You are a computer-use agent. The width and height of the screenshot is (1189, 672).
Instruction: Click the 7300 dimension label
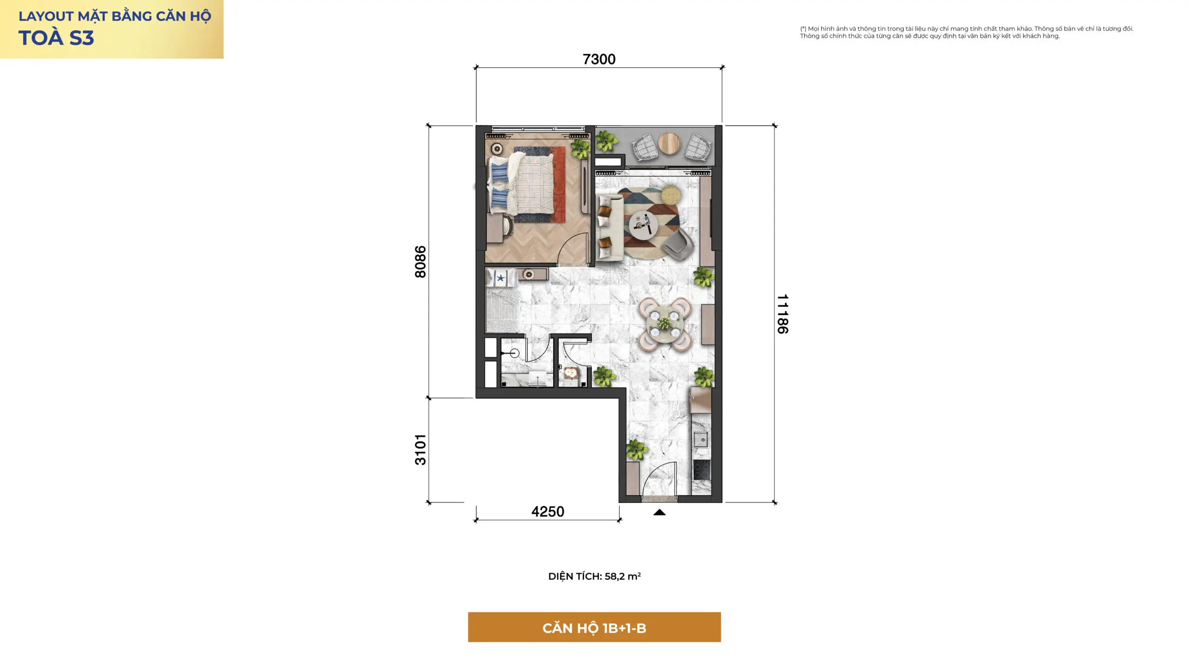599,59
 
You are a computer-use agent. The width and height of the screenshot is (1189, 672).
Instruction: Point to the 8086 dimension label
420,262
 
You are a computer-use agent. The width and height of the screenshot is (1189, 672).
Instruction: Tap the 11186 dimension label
783,314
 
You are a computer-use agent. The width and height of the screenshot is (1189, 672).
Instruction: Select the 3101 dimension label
420,450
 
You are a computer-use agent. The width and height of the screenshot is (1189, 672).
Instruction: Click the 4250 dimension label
548,512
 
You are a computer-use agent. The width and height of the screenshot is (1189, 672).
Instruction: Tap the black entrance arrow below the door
660,512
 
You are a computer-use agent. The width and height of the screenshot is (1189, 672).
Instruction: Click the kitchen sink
701,439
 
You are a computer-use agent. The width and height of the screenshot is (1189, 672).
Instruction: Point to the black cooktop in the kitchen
702,469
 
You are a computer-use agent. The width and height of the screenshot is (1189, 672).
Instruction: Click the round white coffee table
643,225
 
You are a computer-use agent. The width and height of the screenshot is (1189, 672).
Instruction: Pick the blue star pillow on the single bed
501,278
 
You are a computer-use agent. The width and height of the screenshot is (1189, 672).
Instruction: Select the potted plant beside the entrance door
636,450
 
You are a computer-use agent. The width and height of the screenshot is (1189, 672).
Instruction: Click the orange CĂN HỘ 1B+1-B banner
594,627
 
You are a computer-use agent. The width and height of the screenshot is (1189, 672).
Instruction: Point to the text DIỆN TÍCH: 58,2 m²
594,576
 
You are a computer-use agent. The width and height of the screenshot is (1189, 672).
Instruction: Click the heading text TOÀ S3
56,38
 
